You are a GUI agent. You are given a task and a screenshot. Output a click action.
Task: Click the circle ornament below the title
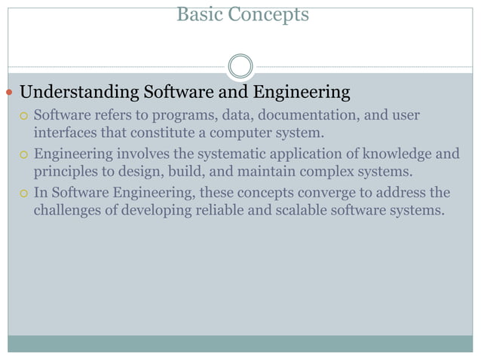[240, 66]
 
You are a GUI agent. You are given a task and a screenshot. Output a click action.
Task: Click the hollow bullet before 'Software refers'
[24, 117]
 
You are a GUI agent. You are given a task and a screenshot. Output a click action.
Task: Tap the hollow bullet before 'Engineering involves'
[24, 155]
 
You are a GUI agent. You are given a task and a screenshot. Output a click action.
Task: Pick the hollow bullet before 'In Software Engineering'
[24, 194]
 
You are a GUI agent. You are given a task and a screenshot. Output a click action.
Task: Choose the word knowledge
[393, 154]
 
